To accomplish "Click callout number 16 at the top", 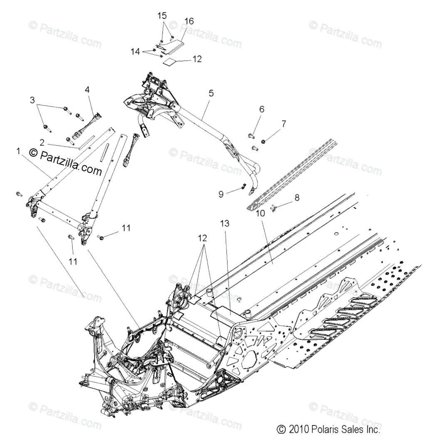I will point(189,21).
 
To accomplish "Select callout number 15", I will point(162,16).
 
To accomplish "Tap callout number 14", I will point(136,52).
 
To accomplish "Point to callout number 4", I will point(87,89).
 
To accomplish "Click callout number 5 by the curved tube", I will point(211,93).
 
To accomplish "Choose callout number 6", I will point(262,109).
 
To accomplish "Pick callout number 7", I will point(284,123).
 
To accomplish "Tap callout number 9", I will point(221,194).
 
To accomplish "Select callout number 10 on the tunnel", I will point(260,214).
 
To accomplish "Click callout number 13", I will point(225,224).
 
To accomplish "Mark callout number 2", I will point(42,142).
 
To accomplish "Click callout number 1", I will point(18,152).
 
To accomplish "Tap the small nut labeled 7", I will point(263,142).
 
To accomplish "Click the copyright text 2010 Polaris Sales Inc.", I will point(329,429).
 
